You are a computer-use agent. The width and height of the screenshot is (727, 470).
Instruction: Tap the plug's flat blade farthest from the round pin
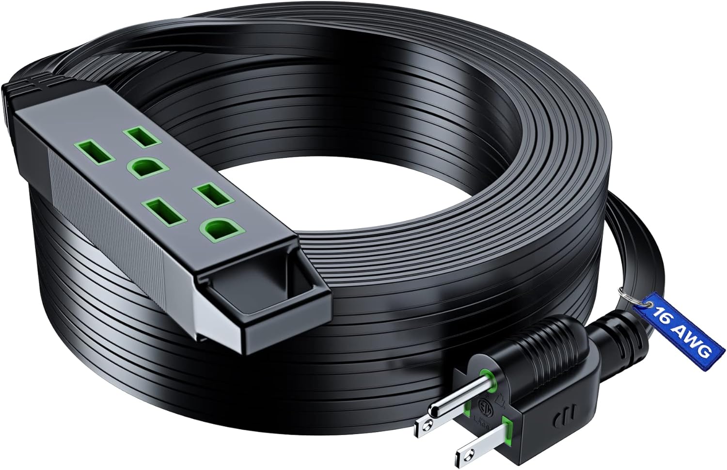[x=473, y=446]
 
